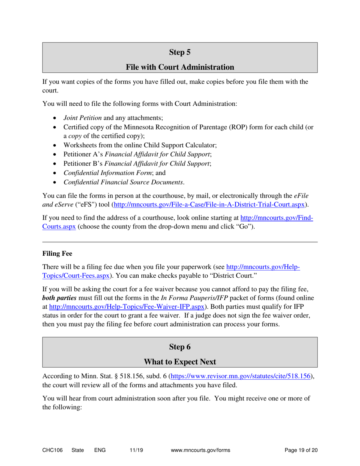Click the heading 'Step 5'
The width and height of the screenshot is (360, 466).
pos(180,52)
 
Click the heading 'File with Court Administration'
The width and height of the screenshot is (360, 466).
pos(180,67)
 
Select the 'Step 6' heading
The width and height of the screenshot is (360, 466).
pos(180,347)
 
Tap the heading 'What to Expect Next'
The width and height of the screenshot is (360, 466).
pos(180,362)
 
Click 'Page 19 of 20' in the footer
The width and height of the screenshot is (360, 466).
pos(301,450)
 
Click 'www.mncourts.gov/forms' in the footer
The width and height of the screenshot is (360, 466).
pos(201,450)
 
